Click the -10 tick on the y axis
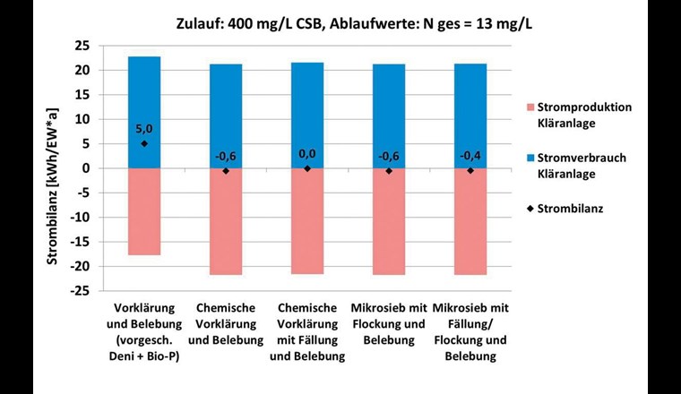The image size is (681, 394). click(x=83, y=218)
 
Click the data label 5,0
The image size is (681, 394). click(x=144, y=129)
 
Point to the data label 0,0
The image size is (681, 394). click(x=307, y=154)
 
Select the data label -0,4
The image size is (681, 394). click(x=470, y=156)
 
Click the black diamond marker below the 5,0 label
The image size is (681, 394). click(x=144, y=143)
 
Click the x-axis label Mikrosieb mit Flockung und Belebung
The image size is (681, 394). click(x=389, y=323)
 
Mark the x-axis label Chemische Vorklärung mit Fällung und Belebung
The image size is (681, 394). click(x=307, y=331)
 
